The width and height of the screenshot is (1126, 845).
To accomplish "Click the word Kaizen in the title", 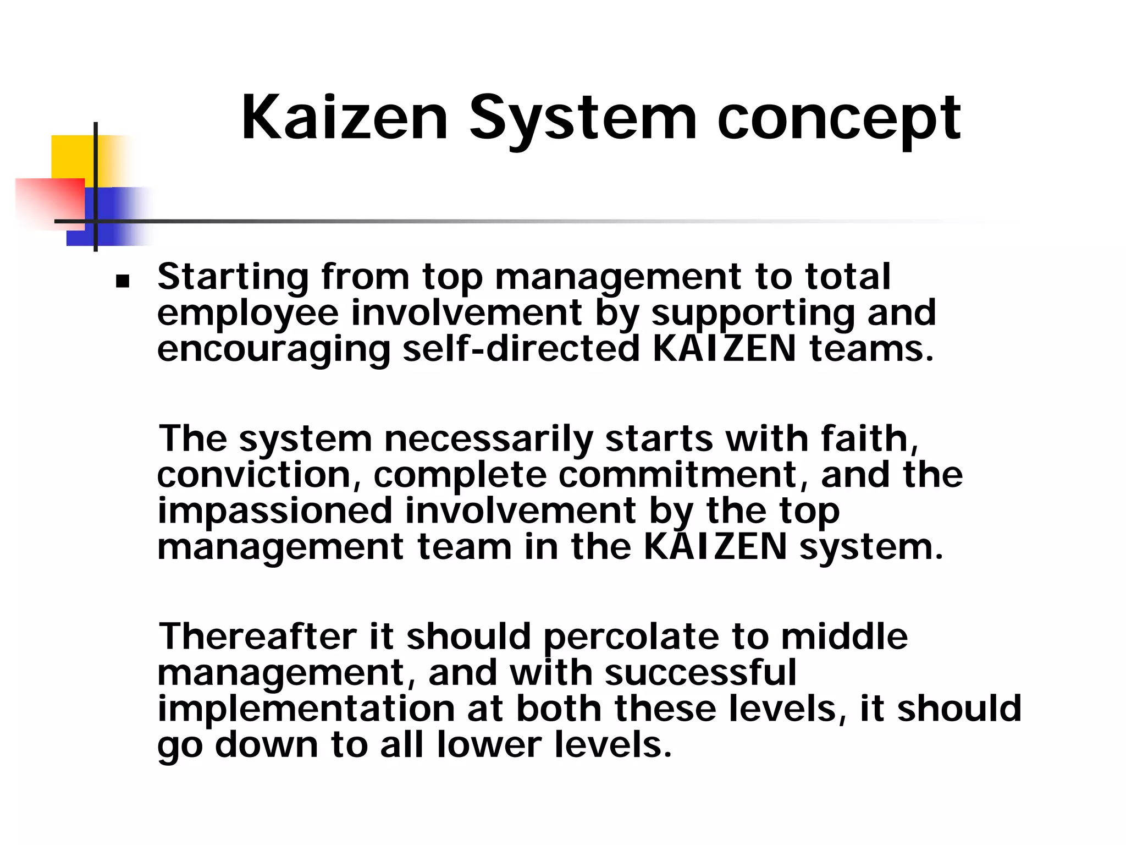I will (345, 118).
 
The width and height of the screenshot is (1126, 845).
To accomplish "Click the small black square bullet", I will (122, 282).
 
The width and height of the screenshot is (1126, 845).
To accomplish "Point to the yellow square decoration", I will (71, 157).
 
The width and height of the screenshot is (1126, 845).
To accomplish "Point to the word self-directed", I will (521, 349).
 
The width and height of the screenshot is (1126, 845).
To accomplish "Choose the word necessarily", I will (488, 440).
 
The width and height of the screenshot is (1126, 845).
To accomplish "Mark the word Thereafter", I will (257, 637).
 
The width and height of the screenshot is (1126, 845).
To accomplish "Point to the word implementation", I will (306, 710).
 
